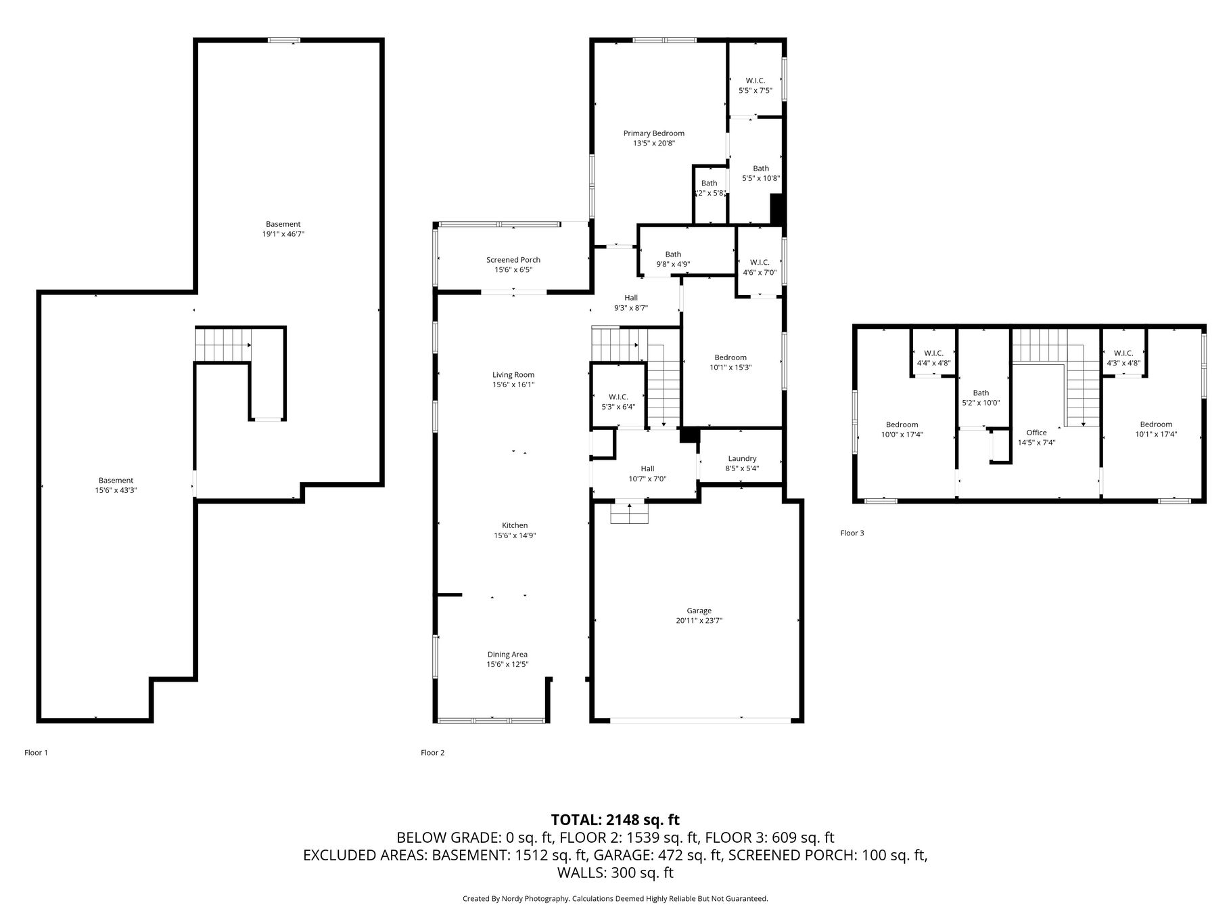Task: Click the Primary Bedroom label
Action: coord(653,133)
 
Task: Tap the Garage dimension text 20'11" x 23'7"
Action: coord(699,620)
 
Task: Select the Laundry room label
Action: coord(742,458)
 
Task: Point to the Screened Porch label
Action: coord(513,260)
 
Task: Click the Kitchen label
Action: coord(515,525)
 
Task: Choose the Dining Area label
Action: coord(507,655)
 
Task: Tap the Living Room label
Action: coord(513,375)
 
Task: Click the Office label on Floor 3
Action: coord(1036,433)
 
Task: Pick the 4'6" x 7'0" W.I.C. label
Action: coord(760,267)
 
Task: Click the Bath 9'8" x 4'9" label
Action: coord(673,259)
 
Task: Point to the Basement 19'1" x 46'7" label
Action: coord(283,229)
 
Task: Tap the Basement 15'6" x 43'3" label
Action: coord(116,485)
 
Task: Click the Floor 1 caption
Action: coord(37,752)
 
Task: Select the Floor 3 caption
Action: coord(852,533)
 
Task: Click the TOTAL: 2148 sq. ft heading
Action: coord(615,820)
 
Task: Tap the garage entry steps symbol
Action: coord(630,513)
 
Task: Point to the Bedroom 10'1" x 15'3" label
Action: coord(730,362)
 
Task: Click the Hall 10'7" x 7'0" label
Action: coord(647,473)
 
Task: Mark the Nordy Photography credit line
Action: coord(615,898)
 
